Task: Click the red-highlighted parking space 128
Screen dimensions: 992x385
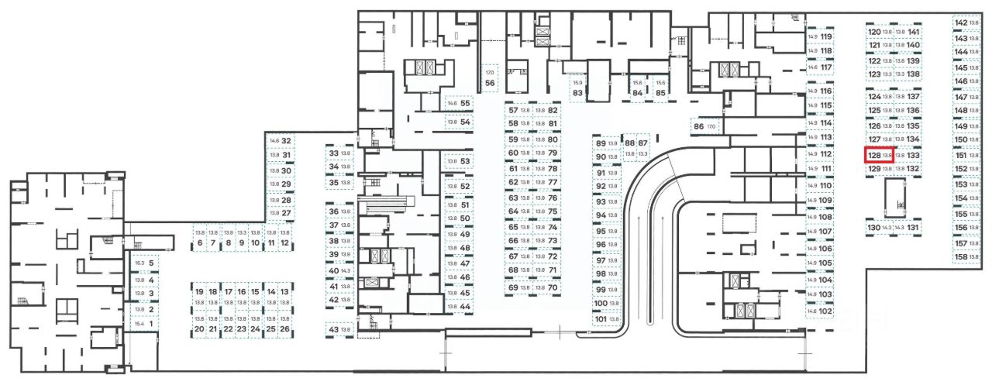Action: pos(880,155)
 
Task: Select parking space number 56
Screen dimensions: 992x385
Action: pos(490,77)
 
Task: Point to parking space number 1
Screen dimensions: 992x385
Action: pos(146,324)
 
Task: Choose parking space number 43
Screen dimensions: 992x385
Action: pos(339,330)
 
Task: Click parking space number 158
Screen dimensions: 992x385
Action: pos(966,256)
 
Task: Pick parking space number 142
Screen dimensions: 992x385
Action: pos(966,23)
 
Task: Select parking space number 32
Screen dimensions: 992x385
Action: pos(281,141)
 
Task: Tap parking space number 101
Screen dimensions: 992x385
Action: pos(606,319)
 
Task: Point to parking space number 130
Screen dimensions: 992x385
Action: pos(880,228)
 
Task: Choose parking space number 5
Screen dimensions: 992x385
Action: pos(146,263)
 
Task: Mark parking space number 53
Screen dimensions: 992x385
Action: pos(459,162)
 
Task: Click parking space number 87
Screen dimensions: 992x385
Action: pos(642,149)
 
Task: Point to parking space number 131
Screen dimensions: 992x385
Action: pos(908,228)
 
